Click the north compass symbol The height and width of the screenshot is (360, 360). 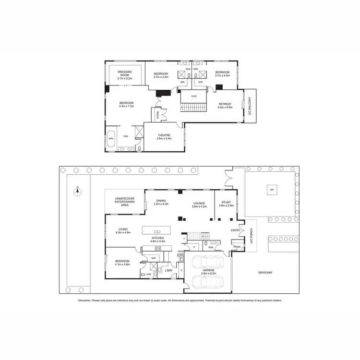click(x=76, y=192)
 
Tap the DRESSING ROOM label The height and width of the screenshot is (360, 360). click(x=125, y=74)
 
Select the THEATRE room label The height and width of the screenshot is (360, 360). click(x=165, y=135)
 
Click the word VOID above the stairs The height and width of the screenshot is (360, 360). click(x=193, y=96)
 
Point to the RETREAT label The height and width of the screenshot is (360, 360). click(x=225, y=104)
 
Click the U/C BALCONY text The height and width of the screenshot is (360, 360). click(x=250, y=104)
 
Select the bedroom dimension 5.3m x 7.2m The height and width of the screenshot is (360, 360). click(x=127, y=107)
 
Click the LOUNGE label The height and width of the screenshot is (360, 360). click(x=199, y=203)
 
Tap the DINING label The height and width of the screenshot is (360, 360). click(x=161, y=201)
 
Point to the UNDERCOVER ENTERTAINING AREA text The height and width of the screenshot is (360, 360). click(x=125, y=202)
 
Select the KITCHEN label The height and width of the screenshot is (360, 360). click(x=158, y=238)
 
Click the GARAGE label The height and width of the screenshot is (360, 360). click(x=208, y=270)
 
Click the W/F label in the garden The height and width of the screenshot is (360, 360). click(x=272, y=190)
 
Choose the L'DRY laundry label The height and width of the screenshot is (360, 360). click(x=168, y=271)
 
